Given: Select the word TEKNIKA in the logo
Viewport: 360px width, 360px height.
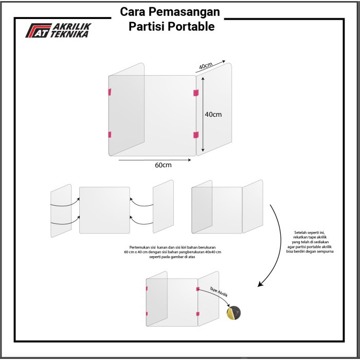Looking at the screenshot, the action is (x=69, y=34).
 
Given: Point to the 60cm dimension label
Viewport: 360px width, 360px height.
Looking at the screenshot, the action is (x=163, y=165).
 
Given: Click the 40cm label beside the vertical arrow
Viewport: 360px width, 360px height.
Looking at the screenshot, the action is (x=212, y=114).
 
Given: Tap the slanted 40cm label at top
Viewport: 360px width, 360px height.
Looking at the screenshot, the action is (x=205, y=66).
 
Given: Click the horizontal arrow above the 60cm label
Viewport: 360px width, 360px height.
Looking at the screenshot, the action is (x=154, y=159).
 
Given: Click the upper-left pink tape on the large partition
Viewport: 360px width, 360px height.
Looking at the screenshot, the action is (x=109, y=92).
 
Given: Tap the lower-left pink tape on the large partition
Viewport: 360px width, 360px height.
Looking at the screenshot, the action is (x=109, y=135).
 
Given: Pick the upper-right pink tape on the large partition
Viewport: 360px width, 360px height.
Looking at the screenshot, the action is (x=195, y=93).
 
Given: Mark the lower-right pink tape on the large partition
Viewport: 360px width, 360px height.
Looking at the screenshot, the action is (x=195, y=135).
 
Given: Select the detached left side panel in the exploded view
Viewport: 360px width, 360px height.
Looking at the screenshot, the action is (x=61, y=210).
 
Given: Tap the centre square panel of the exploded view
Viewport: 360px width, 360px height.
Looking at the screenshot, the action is (x=104, y=210).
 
